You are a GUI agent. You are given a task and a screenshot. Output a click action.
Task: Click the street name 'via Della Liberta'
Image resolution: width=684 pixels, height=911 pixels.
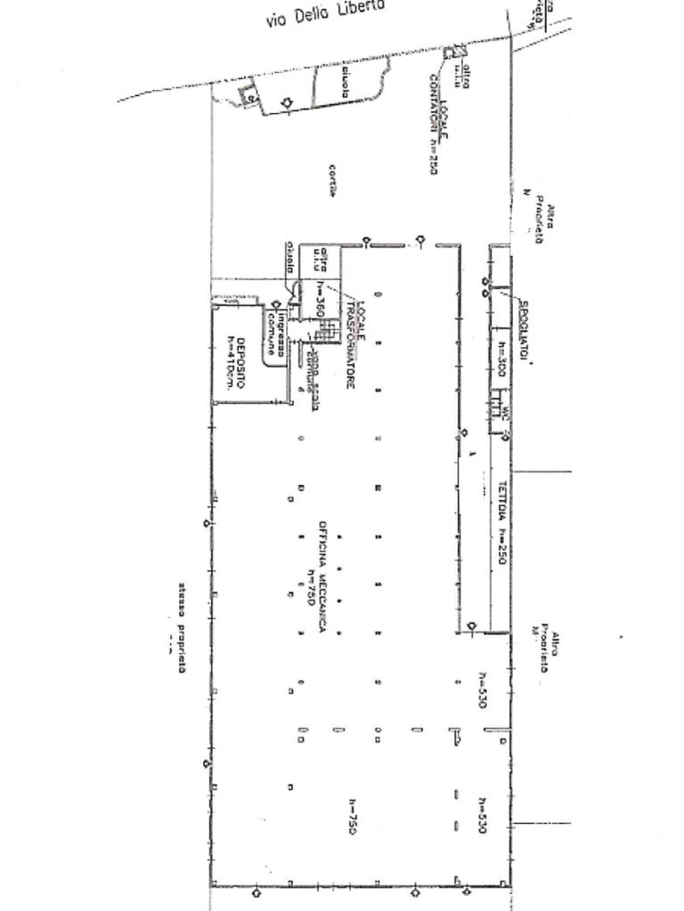tap(325, 12)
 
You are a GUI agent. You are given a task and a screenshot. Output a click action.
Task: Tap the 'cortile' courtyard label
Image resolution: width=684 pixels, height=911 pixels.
tap(331, 181)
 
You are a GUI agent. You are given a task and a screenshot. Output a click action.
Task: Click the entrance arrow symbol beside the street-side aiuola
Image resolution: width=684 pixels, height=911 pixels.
tap(287, 103)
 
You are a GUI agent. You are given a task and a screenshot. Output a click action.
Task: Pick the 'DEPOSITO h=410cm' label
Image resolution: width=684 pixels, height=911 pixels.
tap(234, 362)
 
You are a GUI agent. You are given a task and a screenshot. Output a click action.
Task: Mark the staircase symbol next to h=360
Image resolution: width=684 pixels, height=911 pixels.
tap(328, 330)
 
